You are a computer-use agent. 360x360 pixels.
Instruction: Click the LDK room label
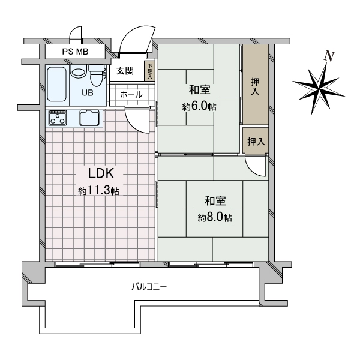click(101, 173)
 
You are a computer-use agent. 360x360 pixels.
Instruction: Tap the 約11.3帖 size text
click(99, 191)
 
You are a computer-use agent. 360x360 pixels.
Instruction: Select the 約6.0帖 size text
click(199, 107)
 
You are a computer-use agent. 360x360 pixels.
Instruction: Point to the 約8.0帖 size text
click(215, 217)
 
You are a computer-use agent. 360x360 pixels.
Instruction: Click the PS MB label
click(75, 52)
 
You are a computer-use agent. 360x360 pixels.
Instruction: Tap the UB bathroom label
click(88, 93)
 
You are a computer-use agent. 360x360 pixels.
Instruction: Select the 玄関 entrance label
click(125, 71)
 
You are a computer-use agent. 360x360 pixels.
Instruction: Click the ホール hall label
click(131, 95)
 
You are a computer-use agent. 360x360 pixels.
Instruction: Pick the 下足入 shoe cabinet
click(149, 71)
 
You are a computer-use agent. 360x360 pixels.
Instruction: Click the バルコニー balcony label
click(149, 287)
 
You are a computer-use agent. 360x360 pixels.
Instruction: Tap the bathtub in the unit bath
click(57, 84)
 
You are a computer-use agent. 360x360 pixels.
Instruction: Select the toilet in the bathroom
click(97, 75)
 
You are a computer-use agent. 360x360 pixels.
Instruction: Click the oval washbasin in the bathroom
click(78, 73)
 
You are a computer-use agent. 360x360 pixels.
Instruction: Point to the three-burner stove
click(58, 118)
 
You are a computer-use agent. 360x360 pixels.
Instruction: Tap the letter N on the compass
click(329, 56)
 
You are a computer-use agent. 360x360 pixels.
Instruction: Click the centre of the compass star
click(319, 88)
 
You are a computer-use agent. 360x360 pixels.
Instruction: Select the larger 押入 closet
click(256, 85)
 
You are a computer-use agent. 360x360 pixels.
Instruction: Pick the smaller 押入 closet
click(256, 141)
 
